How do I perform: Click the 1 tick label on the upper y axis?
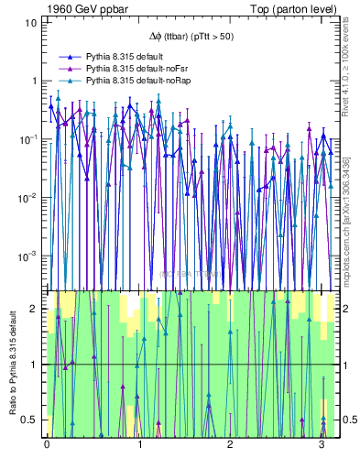coord(35,81)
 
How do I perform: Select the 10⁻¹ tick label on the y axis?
coord(29,138)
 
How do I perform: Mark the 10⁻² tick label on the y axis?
coord(29,197)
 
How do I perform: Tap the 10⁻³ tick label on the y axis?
coord(29,256)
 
